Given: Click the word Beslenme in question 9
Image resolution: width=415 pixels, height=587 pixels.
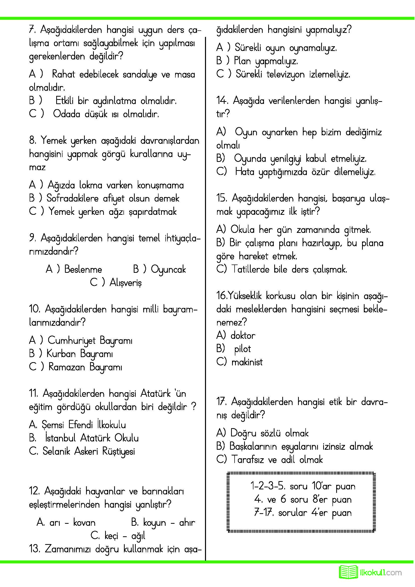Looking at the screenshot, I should pyautogui.click(x=83, y=270).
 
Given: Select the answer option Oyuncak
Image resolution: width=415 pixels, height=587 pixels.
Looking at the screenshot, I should pyautogui.click(x=168, y=270).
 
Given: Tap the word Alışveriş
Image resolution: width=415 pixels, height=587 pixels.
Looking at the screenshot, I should pyautogui.click(x=125, y=283).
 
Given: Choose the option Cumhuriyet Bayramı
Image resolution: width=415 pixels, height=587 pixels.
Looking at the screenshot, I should pyautogui.click(x=90, y=341).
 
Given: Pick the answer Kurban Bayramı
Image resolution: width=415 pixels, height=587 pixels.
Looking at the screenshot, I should pyautogui.click(x=80, y=354).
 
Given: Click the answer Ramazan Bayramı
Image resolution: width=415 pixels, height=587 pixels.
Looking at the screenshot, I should pyautogui.click(x=85, y=367).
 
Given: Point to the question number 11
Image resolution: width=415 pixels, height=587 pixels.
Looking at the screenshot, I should pyautogui.click(x=33, y=393).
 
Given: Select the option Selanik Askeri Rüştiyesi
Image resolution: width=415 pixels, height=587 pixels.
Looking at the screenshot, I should pyautogui.click(x=88, y=451).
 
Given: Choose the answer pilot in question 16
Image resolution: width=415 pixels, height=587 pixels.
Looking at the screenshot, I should pyautogui.click(x=243, y=349).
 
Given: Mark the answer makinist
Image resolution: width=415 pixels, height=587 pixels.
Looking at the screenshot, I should pyautogui.click(x=247, y=362).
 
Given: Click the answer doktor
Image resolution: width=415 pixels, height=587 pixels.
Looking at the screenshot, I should pyautogui.click(x=243, y=336).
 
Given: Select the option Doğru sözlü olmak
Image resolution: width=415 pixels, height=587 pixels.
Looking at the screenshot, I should pyautogui.click(x=269, y=433).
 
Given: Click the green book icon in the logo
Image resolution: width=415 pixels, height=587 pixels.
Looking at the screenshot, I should pyautogui.click(x=348, y=572).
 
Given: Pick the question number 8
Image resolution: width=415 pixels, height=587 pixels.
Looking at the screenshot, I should pyautogui.click(x=32, y=140).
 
